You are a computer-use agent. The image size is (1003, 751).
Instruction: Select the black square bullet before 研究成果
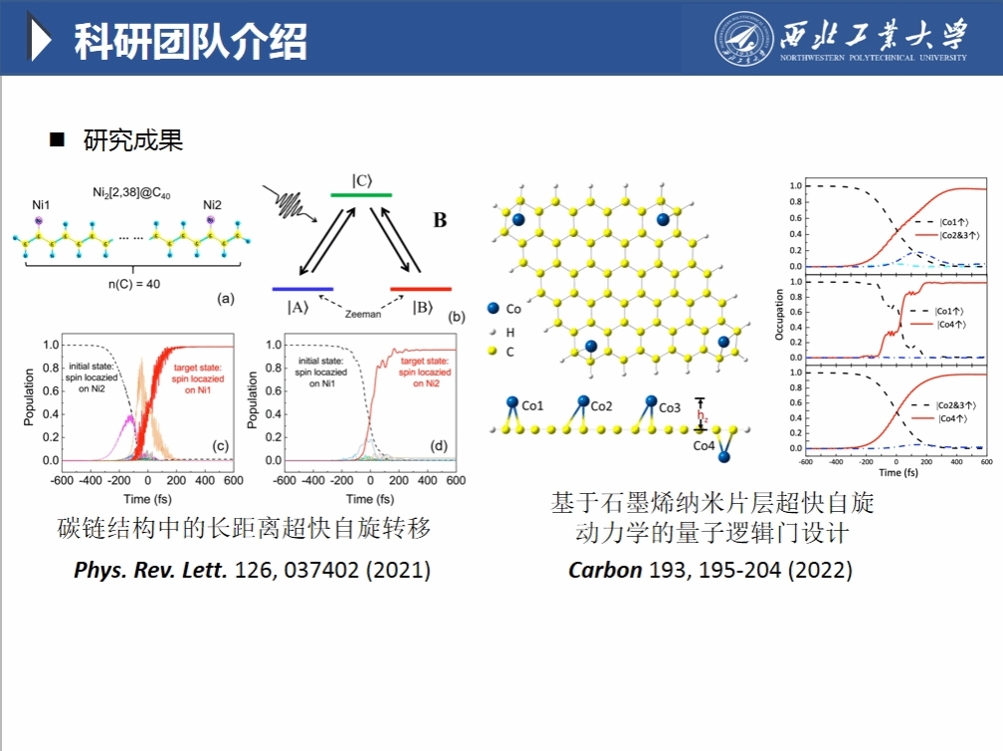[57, 139]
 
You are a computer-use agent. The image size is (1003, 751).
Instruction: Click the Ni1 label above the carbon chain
[41, 205]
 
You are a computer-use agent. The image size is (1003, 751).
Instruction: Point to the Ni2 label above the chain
[212, 205]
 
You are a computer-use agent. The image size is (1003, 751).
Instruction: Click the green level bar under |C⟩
[361, 195]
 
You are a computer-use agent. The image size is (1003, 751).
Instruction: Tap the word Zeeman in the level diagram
[362, 313]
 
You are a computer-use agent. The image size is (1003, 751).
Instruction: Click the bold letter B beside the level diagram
[440, 220]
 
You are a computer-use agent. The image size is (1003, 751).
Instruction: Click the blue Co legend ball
[495, 309]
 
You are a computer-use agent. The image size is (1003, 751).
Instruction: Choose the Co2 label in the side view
[601, 405]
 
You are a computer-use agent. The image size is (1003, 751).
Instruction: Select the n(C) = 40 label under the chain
[132, 284]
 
